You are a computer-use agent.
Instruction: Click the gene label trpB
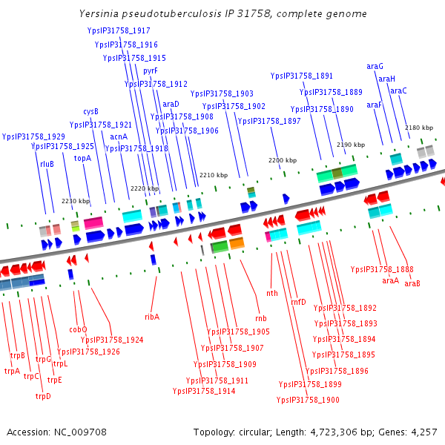coord(18,355)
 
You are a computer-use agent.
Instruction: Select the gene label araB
coord(412,283)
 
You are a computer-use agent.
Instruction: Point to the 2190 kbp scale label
coord(351,145)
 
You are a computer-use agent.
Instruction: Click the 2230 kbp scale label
coord(75,201)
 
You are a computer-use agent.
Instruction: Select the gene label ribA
coord(152,317)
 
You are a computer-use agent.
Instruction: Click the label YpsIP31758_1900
coord(308,400)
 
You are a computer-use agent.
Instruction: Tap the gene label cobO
coord(78,329)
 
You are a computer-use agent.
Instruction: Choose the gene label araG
coord(375,67)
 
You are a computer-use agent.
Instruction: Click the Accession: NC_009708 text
coord(56,432)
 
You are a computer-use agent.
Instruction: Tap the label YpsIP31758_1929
coord(33,136)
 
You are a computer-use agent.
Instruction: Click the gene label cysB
coord(90,111)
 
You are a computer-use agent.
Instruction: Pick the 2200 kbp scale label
coord(282,160)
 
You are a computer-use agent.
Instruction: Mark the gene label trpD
coord(43,396)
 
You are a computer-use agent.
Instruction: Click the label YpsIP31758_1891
coord(302,76)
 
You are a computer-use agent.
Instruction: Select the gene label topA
coord(82,158)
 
